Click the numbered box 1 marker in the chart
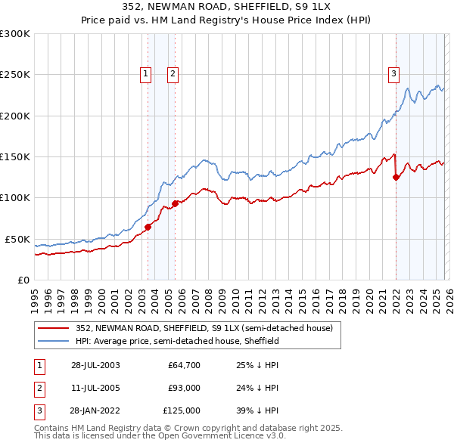click(x=145, y=73)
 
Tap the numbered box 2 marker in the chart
click(x=173, y=73)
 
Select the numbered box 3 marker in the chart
click(x=394, y=73)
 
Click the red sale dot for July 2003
click(x=148, y=227)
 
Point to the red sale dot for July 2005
click(x=175, y=203)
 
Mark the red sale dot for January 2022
click(x=396, y=178)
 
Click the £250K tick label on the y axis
click(x=15, y=75)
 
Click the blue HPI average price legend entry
click(x=177, y=342)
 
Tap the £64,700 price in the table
click(x=184, y=365)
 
